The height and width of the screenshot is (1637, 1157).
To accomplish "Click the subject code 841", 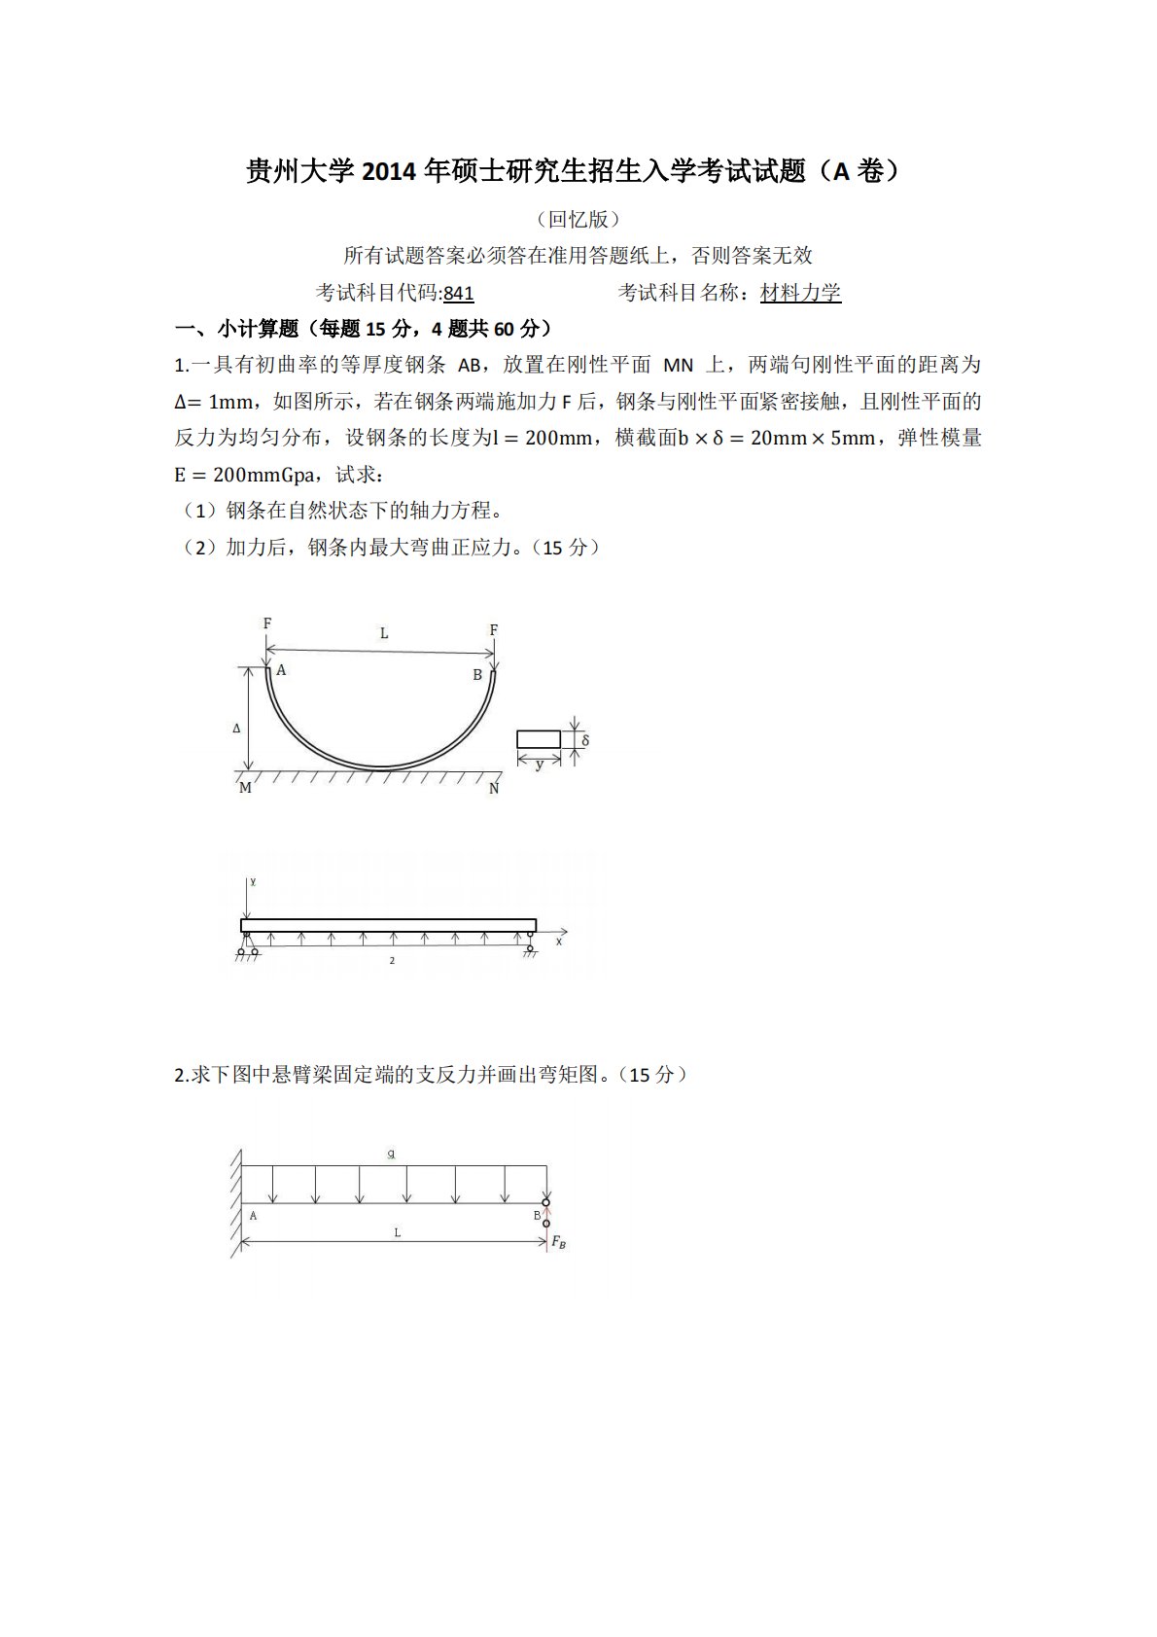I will click(x=458, y=293).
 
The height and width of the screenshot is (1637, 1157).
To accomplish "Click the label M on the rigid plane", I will click(x=245, y=788).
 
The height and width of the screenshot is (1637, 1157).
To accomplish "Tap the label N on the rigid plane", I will click(x=494, y=789).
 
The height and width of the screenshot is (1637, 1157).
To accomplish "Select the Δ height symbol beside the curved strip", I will click(x=236, y=728).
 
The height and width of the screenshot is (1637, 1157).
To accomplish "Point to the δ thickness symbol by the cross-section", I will click(x=585, y=740).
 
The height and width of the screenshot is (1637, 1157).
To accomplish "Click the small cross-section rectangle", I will click(x=539, y=739).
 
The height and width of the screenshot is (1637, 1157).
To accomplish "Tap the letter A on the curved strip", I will click(x=282, y=670).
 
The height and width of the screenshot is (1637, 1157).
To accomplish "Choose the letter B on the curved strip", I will click(x=477, y=675).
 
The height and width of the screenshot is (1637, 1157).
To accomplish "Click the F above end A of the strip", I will click(x=267, y=623).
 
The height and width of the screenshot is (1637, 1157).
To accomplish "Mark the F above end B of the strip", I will click(x=494, y=630).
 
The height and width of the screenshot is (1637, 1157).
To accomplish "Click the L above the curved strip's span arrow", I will click(x=384, y=633).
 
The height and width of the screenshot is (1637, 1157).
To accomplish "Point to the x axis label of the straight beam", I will click(x=559, y=942).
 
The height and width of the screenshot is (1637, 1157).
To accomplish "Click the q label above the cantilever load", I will click(x=391, y=1154).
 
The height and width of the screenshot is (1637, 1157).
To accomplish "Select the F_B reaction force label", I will click(x=559, y=1242).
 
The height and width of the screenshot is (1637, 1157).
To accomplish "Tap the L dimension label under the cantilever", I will click(x=398, y=1232).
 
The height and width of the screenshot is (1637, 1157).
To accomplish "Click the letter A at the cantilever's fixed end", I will click(x=254, y=1216).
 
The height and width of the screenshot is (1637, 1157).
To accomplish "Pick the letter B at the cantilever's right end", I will click(x=537, y=1216).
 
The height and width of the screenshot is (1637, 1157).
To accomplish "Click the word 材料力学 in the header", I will click(x=800, y=293).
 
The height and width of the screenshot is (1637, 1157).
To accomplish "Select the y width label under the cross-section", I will click(x=540, y=765).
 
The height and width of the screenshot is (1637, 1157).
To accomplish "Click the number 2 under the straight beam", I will click(x=392, y=961).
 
